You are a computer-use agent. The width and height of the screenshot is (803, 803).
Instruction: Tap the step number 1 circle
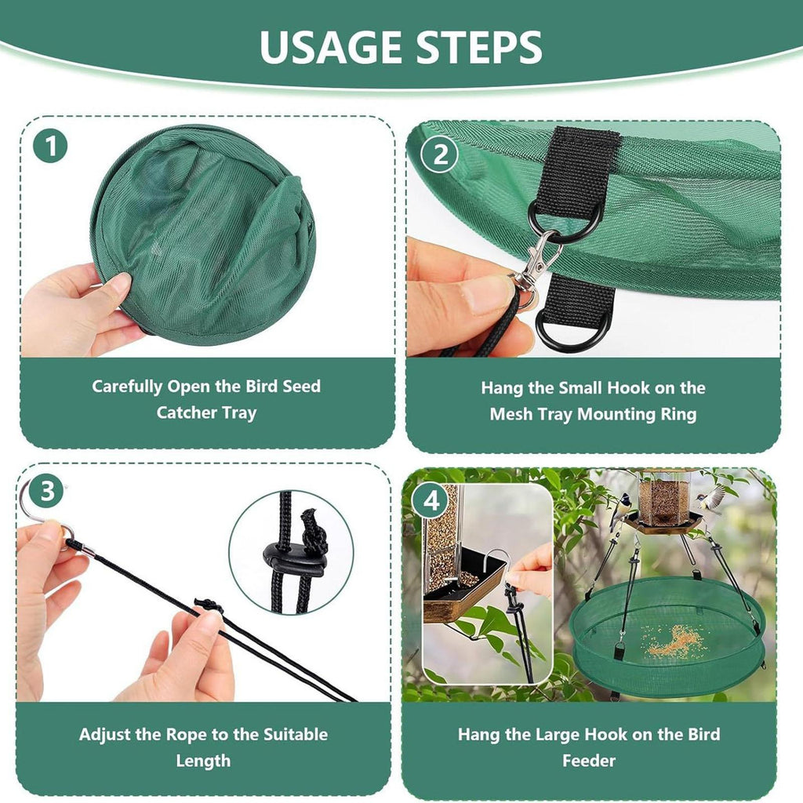click(x=50, y=146)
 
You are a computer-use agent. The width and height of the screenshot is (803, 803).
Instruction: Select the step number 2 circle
click(x=440, y=154)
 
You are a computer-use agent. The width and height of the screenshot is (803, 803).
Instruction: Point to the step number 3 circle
click(x=46, y=491)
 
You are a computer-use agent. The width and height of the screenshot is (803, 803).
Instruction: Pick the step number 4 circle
click(x=431, y=501)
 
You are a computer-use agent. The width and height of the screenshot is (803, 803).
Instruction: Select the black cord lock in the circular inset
click(x=295, y=560)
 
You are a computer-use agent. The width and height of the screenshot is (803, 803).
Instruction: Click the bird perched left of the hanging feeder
click(x=621, y=510)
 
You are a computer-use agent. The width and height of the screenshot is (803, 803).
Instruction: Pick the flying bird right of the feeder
click(x=714, y=499)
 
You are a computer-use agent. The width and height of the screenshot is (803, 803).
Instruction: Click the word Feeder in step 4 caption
click(x=589, y=761)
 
